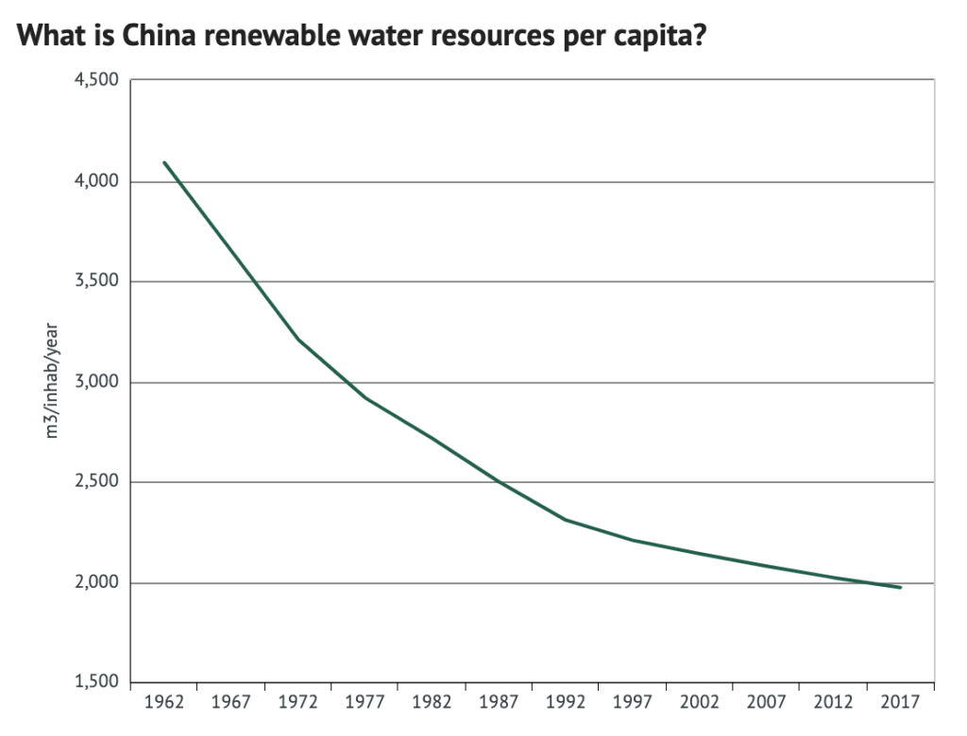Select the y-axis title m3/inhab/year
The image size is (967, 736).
click(x=55, y=382)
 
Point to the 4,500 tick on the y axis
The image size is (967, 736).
click(x=97, y=80)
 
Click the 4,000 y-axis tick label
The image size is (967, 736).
click(x=97, y=181)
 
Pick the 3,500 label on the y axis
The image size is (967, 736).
click(x=97, y=281)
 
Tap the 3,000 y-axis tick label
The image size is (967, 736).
click(x=97, y=382)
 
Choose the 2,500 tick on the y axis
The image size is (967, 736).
click(x=97, y=482)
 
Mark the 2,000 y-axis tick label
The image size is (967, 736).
click(x=97, y=583)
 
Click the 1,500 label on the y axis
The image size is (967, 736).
click(x=97, y=683)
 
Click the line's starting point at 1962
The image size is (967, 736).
click(x=164, y=162)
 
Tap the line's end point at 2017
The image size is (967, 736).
click(x=901, y=588)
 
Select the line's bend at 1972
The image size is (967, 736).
click(x=298, y=340)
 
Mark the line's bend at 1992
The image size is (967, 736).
click(x=566, y=520)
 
